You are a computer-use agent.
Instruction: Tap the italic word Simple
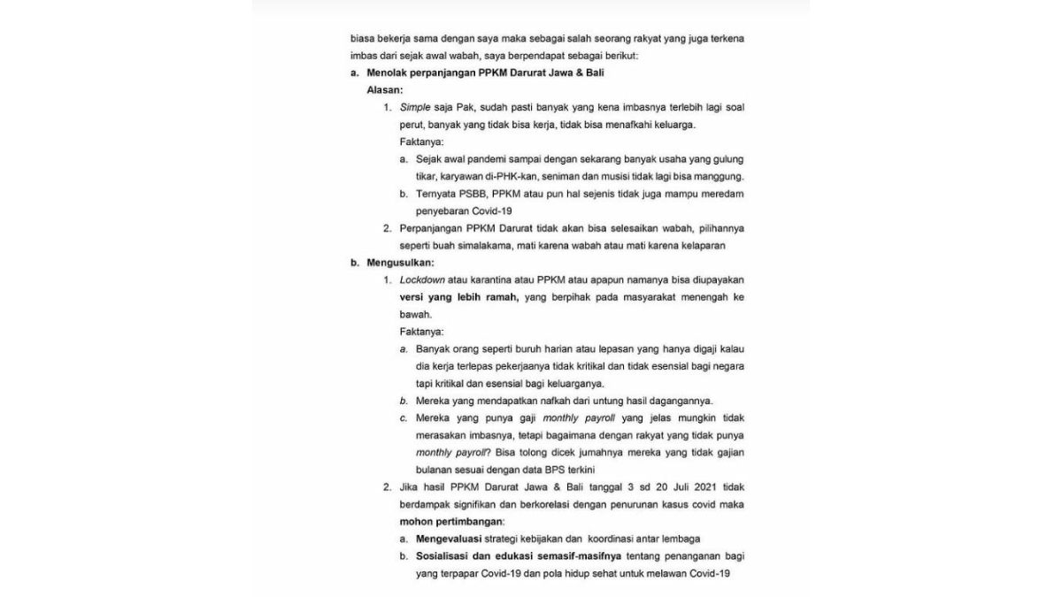(x=415, y=107)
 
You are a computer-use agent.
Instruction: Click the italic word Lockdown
(x=422, y=279)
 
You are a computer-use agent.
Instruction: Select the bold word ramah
(x=500, y=297)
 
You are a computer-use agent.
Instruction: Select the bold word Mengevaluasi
(x=450, y=539)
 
